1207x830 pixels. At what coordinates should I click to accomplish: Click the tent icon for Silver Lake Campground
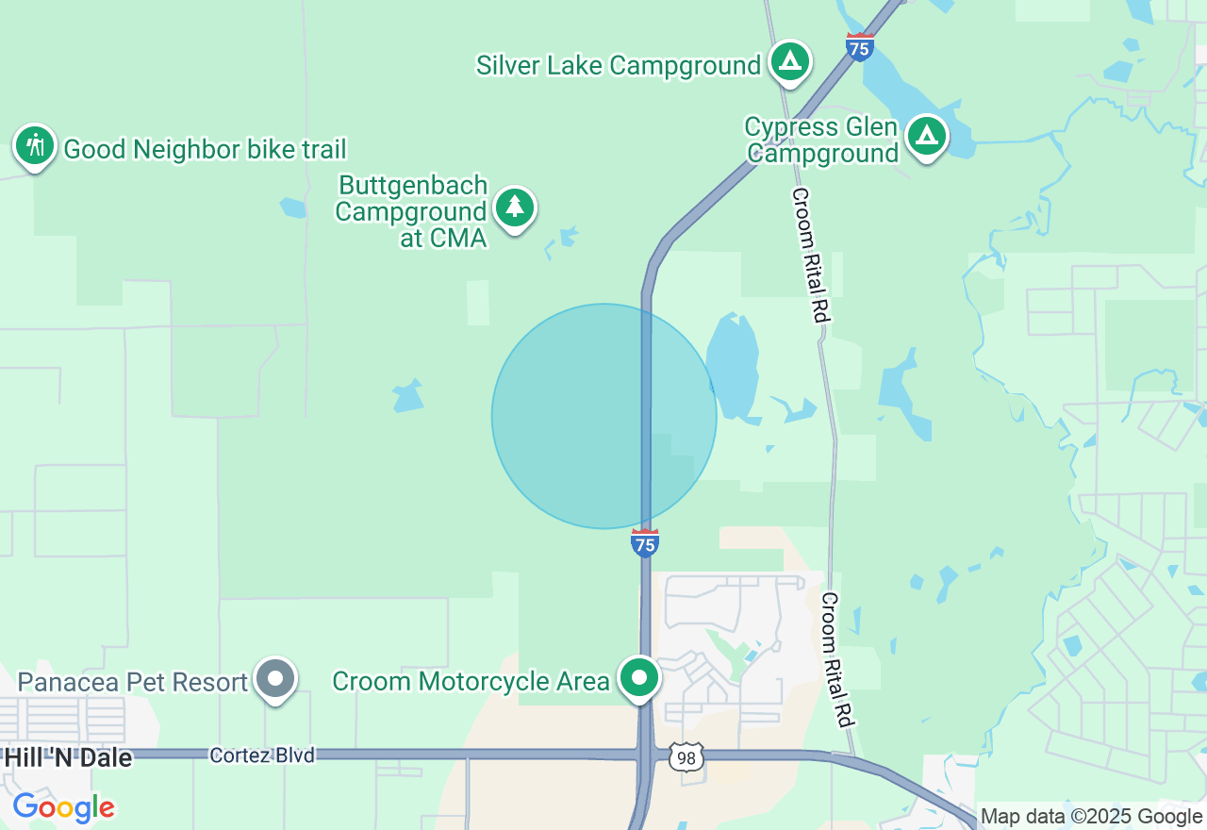pyautogui.click(x=790, y=62)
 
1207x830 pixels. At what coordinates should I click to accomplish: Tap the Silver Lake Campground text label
pyautogui.click(x=618, y=65)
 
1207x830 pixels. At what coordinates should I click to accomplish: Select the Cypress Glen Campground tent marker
pyautogui.click(x=927, y=137)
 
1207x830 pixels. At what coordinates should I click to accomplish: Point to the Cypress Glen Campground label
pyautogui.click(x=821, y=141)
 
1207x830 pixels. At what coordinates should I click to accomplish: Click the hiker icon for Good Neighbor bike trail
pyautogui.click(x=35, y=146)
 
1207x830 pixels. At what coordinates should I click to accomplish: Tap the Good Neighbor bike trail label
pyautogui.click(x=205, y=149)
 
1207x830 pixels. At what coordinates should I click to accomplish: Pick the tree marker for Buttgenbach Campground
pyautogui.click(x=514, y=207)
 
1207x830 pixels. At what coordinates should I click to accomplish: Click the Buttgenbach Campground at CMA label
pyautogui.click(x=412, y=211)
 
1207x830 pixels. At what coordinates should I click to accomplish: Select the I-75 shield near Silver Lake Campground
pyautogui.click(x=859, y=47)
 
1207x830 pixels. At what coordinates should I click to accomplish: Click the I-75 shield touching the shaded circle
pyautogui.click(x=645, y=542)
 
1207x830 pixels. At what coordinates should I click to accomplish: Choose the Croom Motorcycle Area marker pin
pyautogui.click(x=640, y=678)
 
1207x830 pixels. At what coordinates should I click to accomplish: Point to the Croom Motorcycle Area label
pyautogui.click(x=471, y=681)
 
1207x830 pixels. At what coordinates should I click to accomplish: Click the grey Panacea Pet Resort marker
pyautogui.click(x=276, y=678)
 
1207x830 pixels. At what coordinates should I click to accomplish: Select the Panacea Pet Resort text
pyautogui.click(x=133, y=681)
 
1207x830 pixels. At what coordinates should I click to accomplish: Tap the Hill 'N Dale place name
pyautogui.click(x=68, y=757)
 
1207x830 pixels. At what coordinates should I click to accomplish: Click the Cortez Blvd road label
pyautogui.click(x=262, y=755)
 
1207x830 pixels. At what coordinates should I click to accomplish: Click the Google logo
pyautogui.click(x=63, y=808)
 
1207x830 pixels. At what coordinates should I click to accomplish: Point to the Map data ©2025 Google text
pyautogui.click(x=1091, y=816)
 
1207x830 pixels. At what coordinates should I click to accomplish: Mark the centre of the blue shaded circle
pyautogui.click(x=604, y=416)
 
